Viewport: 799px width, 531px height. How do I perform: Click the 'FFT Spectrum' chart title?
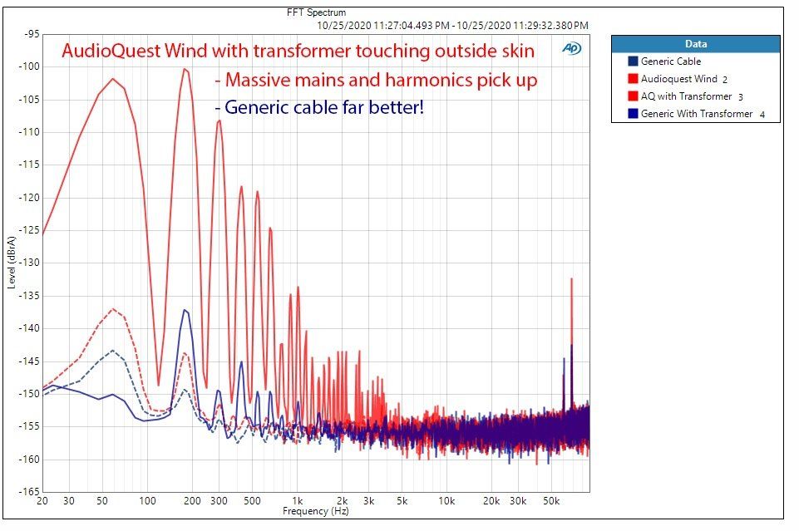pyautogui.click(x=316, y=12)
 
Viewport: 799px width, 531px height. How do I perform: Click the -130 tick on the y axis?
pyautogui.click(x=29, y=263)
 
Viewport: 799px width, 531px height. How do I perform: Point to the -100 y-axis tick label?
pyautogui.click(x=29, y=66)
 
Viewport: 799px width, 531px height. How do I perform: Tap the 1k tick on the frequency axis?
pyautogui.click(x=297, y=501)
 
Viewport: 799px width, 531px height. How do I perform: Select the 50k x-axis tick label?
pyautogui.click(x=551, y=501)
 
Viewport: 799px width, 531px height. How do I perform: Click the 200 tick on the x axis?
pyautogui.click(x=192, y=501)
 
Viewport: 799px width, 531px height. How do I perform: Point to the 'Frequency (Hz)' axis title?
pyautogui.click(x=316, y=511)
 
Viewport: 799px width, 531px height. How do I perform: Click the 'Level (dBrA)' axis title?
pyautogui.click(x=12, y=263)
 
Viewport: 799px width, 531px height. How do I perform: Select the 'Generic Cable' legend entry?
pyautogui.click(x=664, y=61)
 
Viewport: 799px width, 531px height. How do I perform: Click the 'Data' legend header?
pyautogui.click(x=696, y=44)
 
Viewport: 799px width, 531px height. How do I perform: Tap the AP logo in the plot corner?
pyautogui.click(x=571, y=48)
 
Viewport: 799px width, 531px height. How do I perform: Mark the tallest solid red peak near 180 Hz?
pyautogui.click(x=185, y=69)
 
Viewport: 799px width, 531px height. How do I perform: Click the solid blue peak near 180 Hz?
pyautogui.click(x=185, y=310)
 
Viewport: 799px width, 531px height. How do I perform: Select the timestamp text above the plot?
pyautogui.click(x=452, y=26)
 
